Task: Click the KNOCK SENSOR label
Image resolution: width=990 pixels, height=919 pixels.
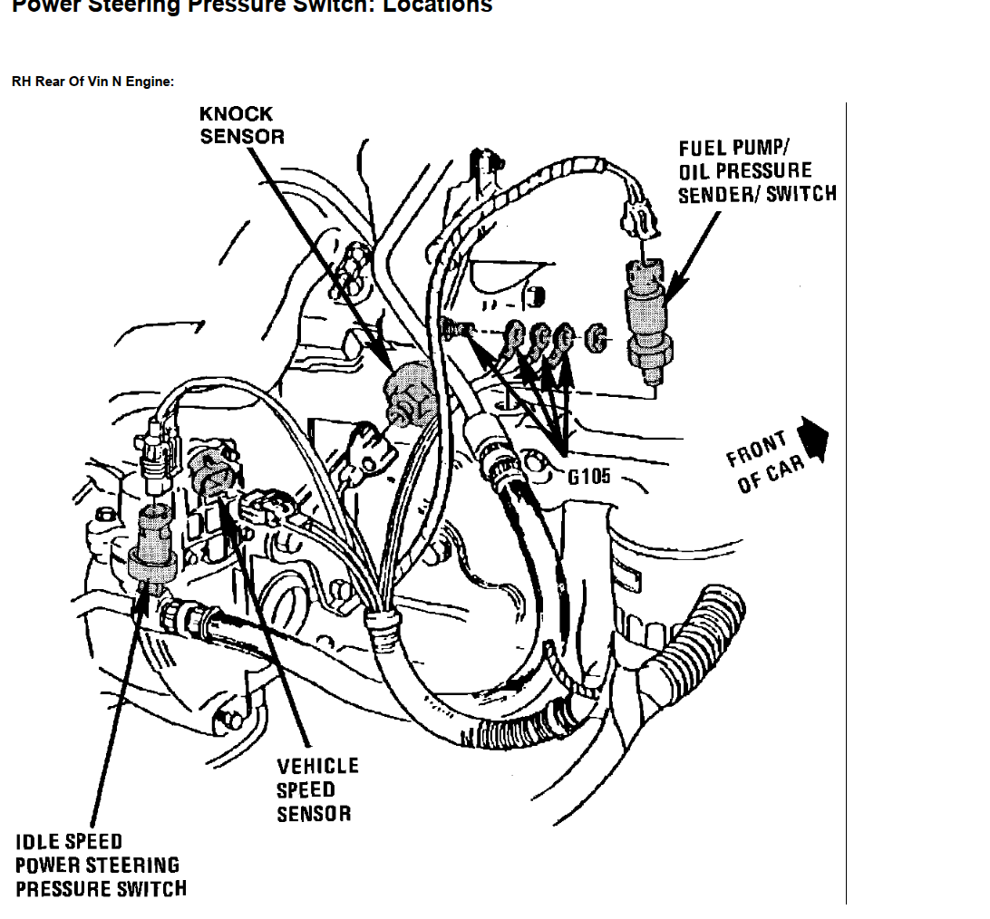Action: tap(241, 125)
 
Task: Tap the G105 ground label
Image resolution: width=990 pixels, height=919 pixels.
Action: tap(589, 475)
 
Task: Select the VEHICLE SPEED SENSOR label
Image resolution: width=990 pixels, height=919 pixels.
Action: tap(317, 789)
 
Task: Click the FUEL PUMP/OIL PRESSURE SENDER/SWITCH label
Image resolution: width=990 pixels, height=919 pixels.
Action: tap(757, 170)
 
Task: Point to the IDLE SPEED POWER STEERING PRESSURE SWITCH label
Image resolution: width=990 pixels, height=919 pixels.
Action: tap(100, 866)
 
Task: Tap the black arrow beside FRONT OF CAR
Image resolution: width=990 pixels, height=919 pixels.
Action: tap(815, 438)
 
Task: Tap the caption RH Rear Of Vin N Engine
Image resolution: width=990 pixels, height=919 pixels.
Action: tap(92, 82)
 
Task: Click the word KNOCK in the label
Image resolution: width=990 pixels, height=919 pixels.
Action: tap(236, 114)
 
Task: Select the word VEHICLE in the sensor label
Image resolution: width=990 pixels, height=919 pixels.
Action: tap(317, 767)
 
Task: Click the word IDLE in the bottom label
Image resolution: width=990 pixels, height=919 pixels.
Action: tap(37, 842)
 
